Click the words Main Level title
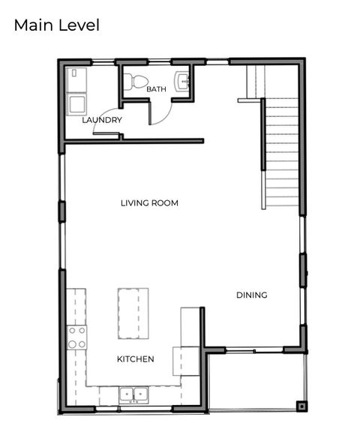click(x=56, y=25)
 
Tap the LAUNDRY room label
click(x=102, y=120)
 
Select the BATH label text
click(x=157, y=89)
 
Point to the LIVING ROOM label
click(x=150, y=202)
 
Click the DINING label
click(x=252, y=295)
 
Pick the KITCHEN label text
click(x=136, y=359)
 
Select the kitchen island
click(x=133, y=313)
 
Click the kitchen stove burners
click(x=76, y=337)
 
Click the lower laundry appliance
click(x=76, y=103)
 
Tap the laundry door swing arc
click(x=103, y=130)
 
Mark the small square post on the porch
click(x=301, y=406)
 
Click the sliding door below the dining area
click(x=254, y=350)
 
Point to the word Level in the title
click(x=79, y=25)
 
